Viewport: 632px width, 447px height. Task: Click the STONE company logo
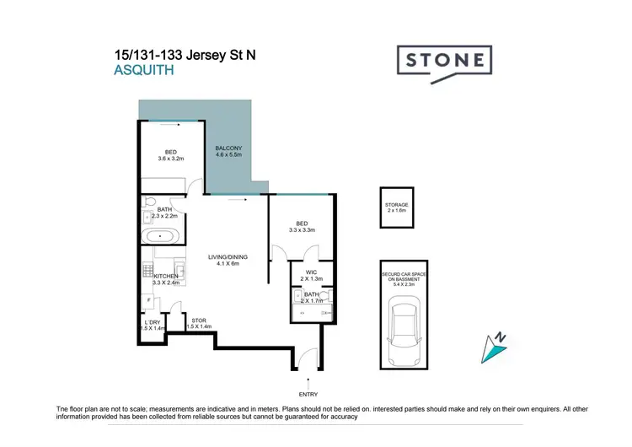click(x=444, y=61)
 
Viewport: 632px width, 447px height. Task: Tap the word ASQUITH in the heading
click(x=143, y=72)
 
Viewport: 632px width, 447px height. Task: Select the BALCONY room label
click(x=228, y=148)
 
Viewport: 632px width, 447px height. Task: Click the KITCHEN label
click(x=165, y=276)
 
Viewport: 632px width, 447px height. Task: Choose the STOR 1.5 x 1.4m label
click(x=199, y=320)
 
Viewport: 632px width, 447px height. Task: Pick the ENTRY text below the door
click(x=308, y=393)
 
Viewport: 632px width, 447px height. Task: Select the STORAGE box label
click(x=397, y=204)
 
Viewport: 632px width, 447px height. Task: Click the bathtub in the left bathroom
click(x=160, y=235)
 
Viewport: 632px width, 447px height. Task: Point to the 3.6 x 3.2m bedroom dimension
click(x=170, y=159)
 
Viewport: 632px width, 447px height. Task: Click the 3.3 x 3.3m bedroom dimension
click(x=302, y=229)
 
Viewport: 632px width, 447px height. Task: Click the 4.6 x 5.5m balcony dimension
click(x=228, y=155)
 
